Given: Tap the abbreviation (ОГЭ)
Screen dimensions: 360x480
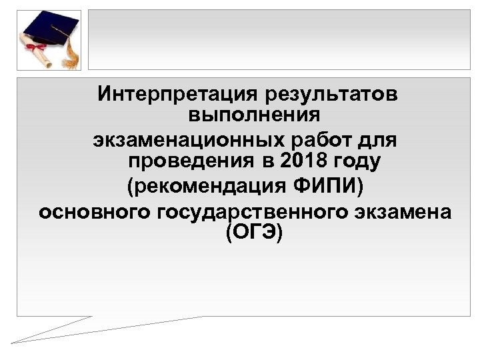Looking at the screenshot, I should [255, 233].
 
